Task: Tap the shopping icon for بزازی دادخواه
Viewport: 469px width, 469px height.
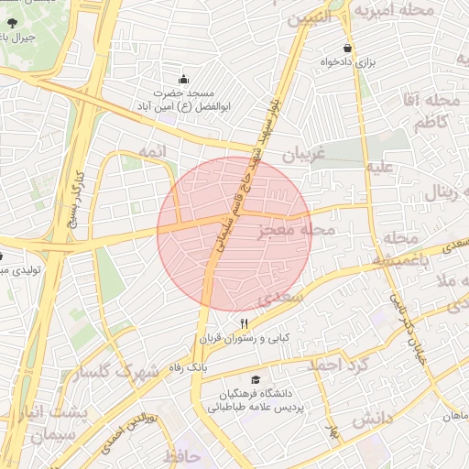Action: coord(347,48)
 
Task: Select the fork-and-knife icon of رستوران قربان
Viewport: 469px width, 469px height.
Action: coord(244,322)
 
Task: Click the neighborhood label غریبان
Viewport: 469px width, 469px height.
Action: coord(303,155)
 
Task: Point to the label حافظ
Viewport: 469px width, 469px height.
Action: coord(181,455)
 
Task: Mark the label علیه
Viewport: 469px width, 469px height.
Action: coord(379,168)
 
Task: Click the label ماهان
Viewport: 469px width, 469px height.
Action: coord(455,415)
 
